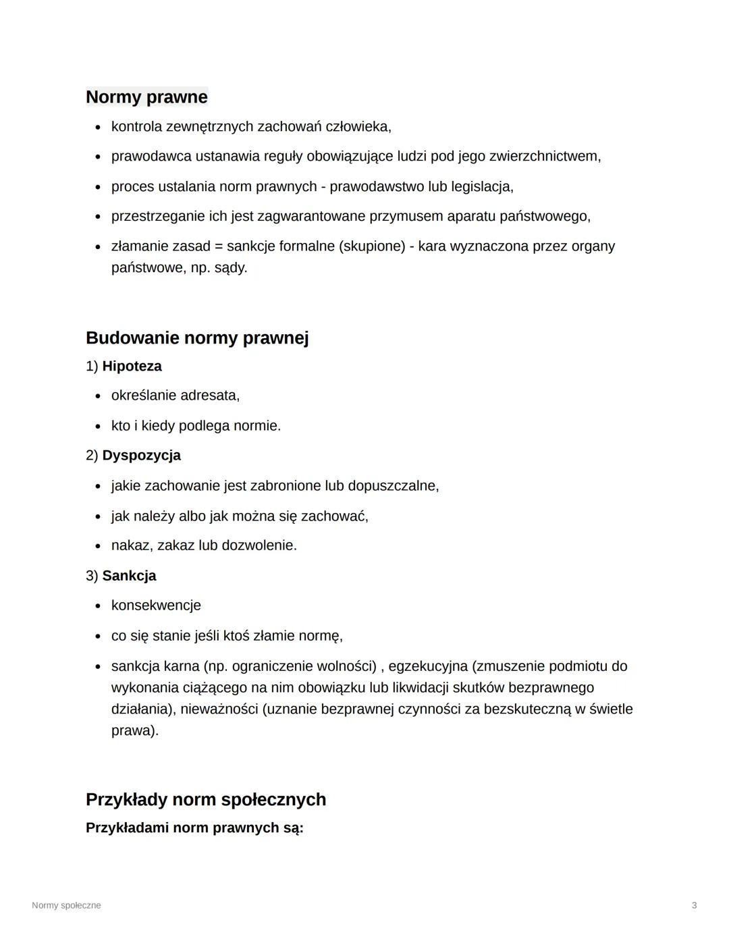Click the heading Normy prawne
(x=146, y=97)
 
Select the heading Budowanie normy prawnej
(x=196, y=338)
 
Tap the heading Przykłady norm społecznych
(x=205, y=800)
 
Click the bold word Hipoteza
(x=132, y=367)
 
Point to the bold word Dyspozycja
(x=141, y=456)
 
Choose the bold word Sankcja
(x=129, y=576)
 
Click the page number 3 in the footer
(x=694, y=905)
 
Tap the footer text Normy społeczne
(x=66, y=905)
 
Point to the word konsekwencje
(x=156, y=605)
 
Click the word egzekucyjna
(x=428, y=666)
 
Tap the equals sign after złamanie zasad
(x=219, y=246)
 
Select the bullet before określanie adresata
(x=98, y=396)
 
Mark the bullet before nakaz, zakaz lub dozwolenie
(x=98, y=546)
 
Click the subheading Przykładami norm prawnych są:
(x=194, y=828)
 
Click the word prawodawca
(x=151, y=157)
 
